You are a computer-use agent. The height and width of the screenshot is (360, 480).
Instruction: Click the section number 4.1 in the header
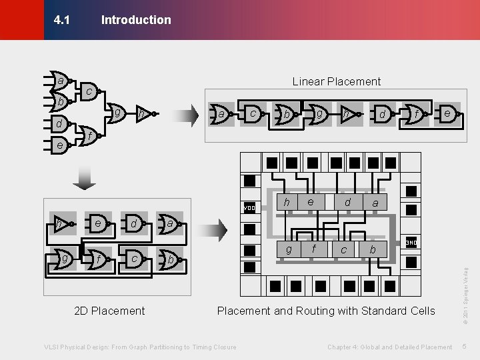pyautogui.click(x=61, y=20)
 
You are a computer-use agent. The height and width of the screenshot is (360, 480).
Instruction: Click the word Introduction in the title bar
pyautogui.click(x=136, y=20)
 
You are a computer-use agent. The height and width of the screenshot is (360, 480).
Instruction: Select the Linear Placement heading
pyautogui.click(x=337, y=81)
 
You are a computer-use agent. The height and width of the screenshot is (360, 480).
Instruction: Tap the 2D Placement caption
pyautogui.click(x=109, y=311)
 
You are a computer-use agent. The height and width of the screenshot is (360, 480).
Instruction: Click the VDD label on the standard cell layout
pyautogui.click(x=249, y=207)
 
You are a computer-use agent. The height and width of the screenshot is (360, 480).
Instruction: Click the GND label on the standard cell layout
pyautogui.click(x=411, y=243)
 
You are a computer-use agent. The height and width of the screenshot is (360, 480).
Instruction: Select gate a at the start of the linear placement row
pyautogui.click(x=221, y=115)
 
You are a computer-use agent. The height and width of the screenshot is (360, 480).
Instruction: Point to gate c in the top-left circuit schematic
pyautogui.click(x=89, y=91)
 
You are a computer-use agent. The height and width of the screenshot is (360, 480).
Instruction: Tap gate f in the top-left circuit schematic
pyautogui.click(x=89, y=135)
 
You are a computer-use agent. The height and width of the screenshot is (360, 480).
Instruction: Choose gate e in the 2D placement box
pyautogui.click(x=97, y=223)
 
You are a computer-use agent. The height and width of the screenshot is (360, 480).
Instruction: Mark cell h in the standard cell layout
pyautogui.click(x=287, y=202)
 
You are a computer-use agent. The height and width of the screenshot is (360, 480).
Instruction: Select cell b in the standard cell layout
pyautogui.click(x=372, y=249)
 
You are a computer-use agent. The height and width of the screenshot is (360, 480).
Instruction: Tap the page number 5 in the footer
pyautogui.click(x=464, y=347)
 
